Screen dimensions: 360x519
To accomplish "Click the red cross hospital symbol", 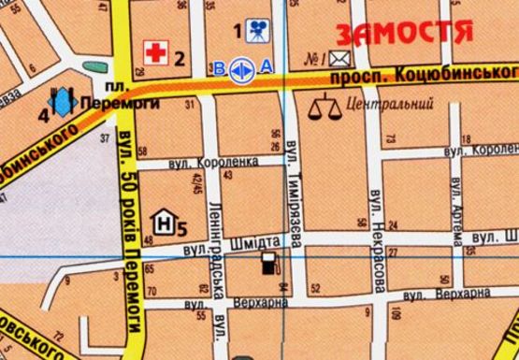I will coord(154,53).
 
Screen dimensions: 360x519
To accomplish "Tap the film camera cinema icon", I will coord(254,31).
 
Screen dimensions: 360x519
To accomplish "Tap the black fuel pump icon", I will coord(269,265).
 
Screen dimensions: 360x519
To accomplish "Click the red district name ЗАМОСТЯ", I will coord(403,33).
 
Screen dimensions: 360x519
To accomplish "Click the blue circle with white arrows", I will coord(239,67).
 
